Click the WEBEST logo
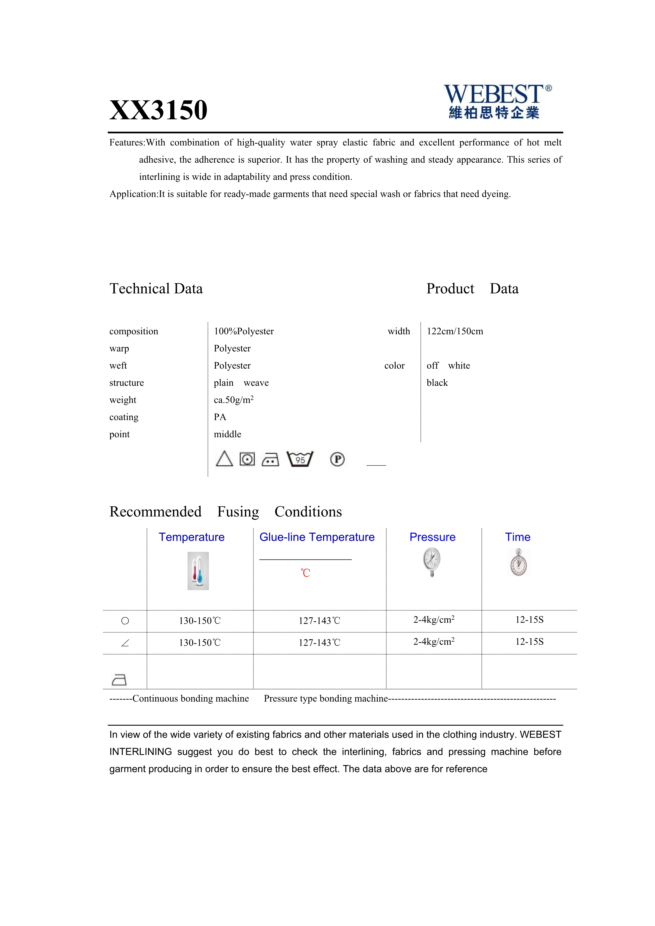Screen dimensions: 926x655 point(497,102)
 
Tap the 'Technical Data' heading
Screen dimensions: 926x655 point(156,289)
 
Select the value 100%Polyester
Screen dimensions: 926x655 point(244,332)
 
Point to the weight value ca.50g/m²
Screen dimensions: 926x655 point(233,400)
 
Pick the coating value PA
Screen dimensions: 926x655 point(220,417)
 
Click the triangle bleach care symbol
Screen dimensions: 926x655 point(224,459)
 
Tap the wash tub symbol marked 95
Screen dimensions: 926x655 point(300,459)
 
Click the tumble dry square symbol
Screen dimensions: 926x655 point(247,459)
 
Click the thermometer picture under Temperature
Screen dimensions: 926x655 point(198,571)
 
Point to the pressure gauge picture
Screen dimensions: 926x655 point(432,562)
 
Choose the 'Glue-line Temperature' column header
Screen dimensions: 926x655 point(317,537)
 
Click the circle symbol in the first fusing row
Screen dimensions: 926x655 point(125,621)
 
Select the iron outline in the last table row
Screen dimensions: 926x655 point(119,680)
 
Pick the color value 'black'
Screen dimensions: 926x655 point(437,383)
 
